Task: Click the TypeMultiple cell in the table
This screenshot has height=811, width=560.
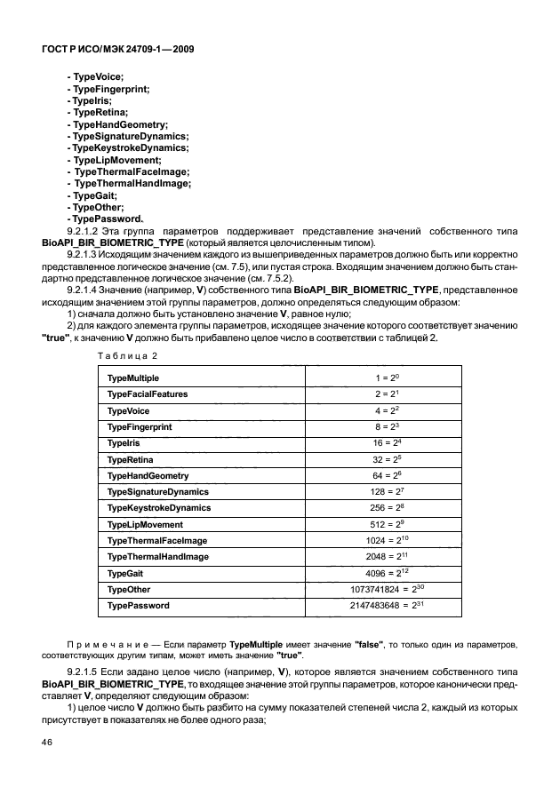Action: click(133, 378)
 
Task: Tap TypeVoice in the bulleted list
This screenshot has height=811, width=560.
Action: click(95, 78)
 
